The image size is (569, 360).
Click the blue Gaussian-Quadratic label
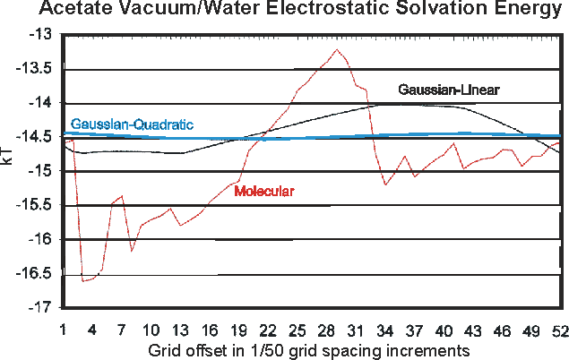(132, 124)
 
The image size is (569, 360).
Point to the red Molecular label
(264, 191)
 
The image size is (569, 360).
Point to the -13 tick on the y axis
(41, 34)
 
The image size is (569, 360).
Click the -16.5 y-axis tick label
(37, 274)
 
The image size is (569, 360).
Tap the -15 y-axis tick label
(41, 171)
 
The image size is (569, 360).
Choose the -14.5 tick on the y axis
(37, 137)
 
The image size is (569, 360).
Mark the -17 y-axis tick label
(41, 308)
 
